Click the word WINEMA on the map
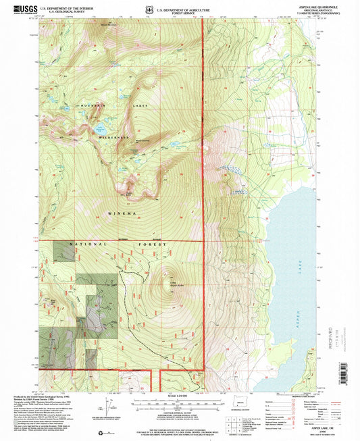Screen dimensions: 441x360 coord(124,213)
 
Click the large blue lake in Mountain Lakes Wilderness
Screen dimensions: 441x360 coord(100,128)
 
